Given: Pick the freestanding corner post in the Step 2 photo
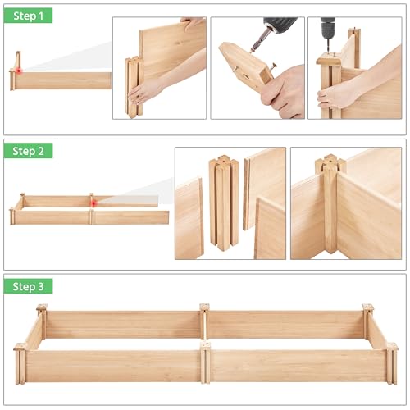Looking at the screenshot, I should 223,201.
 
